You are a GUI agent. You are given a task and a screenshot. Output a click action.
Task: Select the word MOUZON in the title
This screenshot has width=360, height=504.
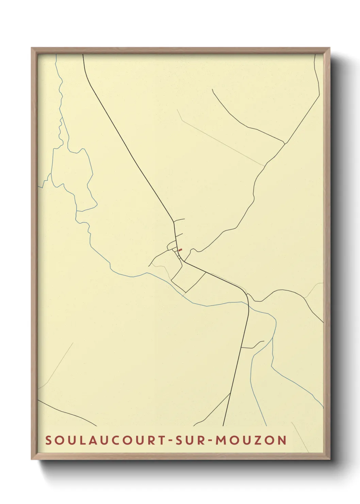click(x=251, y=440)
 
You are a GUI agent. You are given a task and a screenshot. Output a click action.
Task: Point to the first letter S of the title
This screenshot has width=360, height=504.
click(x=49, y=440)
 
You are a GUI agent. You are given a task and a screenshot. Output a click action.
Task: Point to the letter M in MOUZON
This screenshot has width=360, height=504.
click(x=222, y=440)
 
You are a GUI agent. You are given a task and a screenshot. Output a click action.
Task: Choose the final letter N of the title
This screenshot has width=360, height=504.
click(x=281, y=440)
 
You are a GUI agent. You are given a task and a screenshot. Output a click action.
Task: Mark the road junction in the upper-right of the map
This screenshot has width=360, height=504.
click(x=284, y=143)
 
